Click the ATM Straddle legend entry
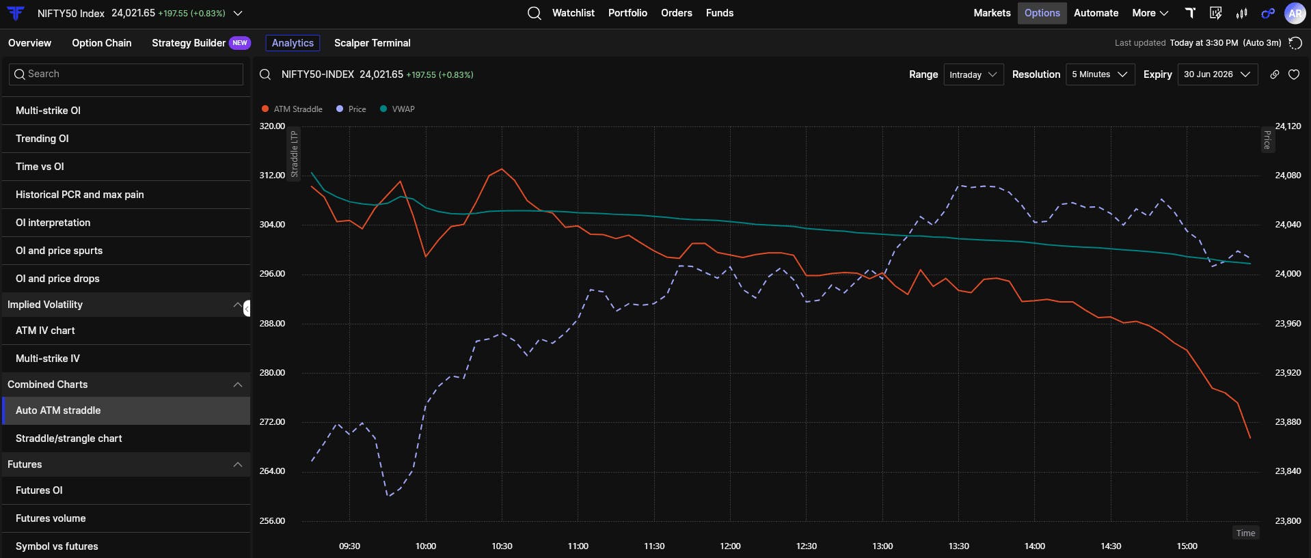coord(292,109)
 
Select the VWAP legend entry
coord(397,109)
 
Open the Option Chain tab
coord(102,43)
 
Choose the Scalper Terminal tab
coord(373,43)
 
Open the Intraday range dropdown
coord(973,74)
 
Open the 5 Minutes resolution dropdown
coord(1100,74)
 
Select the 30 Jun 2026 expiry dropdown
coord(1217,74)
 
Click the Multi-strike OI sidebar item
coord(48,111)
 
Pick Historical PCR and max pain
coord(80,195)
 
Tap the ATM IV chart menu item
coord(45,331)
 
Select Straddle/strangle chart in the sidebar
coord(69,438)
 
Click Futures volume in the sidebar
coord(51,518)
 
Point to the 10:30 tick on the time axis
coord(502,546)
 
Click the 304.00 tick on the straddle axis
coord(272,225)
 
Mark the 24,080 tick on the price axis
coord(1288,176)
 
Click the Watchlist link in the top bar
coord(573,13)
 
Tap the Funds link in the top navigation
coord(720,13)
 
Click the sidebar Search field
coord(126,74)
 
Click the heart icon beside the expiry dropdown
coord(1294,74)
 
